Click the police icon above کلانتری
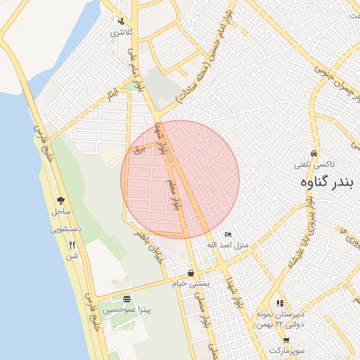point(122,21)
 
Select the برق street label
point(139,150)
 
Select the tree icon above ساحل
point(60,200)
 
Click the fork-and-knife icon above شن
point(72,245)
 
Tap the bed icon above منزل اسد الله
point(227,234)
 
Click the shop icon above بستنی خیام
point(191,273)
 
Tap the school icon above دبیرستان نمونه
point(281,304)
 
